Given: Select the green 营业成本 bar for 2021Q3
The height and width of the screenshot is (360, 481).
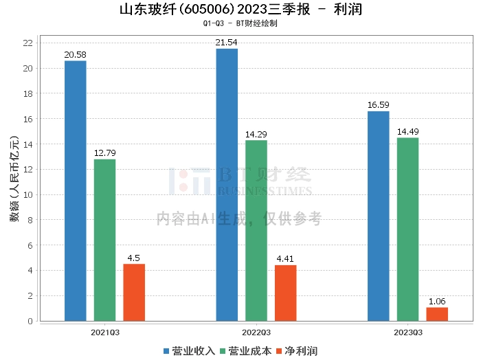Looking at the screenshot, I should [x=105, y=240].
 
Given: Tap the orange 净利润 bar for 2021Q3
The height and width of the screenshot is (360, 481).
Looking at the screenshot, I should [x=134, y=293].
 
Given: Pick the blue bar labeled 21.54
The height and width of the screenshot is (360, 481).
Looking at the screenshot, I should [x=227, y=185].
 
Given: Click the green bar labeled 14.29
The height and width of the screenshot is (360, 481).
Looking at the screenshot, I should [x=256, y=230].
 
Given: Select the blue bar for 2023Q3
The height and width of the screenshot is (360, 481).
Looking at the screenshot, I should [x=378, y=216].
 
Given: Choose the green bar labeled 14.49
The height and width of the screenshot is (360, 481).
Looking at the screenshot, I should [x=407, y=229].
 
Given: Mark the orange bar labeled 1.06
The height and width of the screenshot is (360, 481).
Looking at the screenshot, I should [x=437, y=314].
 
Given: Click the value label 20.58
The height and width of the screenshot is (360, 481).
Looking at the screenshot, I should [x=76, y=54].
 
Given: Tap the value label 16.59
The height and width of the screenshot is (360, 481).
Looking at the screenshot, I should [x=378, y=105].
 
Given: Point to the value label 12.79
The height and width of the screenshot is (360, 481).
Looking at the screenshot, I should [x=105, y=153].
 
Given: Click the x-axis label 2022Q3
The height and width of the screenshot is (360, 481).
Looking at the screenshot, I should [x=256, y=332].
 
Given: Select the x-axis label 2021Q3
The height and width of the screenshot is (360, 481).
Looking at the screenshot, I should [x=105, y=332].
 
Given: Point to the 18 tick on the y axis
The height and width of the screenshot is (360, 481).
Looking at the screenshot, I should [x=28, y=93].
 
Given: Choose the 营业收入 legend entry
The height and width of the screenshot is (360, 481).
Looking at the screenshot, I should [x=189, y=351].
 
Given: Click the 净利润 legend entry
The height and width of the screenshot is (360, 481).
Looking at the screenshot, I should [x=296, y=351].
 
